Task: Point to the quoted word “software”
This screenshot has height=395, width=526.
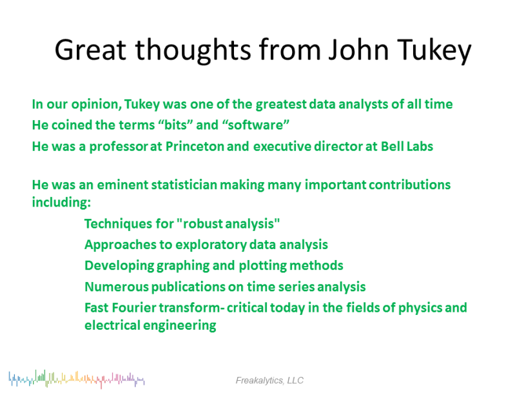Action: point(256,125)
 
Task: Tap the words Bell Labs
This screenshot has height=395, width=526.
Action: point(407,147)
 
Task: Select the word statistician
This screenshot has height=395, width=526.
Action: point(184,185)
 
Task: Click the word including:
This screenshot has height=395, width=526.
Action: point(61,203)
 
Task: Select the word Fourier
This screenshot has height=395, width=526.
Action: point(134,308)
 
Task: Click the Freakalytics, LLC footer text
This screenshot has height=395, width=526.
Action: point(269,380)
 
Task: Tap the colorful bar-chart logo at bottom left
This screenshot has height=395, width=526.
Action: point(77,379)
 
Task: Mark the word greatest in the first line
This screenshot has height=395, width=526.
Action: point(281,105)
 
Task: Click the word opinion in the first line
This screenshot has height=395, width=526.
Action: point(97,105)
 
